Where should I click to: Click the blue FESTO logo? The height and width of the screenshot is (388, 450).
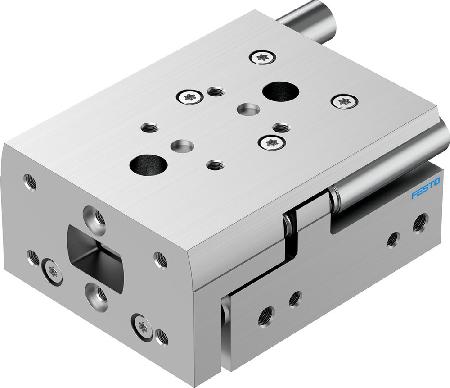pyautogui.click(x=425, y=189)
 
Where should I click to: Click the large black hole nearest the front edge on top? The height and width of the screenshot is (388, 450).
pyautogui.click(x=148, y=164)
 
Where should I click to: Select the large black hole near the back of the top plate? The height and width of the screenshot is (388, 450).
pyautogui.click(x=281, y=91)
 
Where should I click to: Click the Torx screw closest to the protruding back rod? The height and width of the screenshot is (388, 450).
pyautogui.click(x=261, y=57)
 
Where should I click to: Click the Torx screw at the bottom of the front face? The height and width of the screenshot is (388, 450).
pyautogui.click(x=141, y=325)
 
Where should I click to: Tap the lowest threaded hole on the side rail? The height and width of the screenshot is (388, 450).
pyautogui.click(x=265, y=316)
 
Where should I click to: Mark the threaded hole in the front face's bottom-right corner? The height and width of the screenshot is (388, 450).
pyautogui.click(x=161, y=337)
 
